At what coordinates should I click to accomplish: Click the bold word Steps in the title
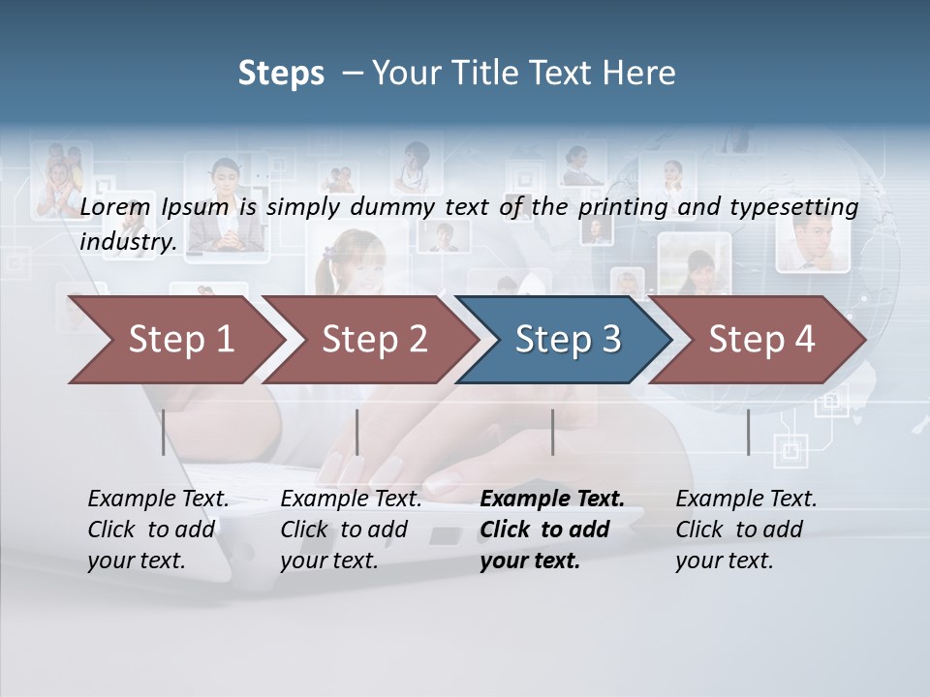pyautogui.click(x=281, y=74)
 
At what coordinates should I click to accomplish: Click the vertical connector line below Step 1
pyautogui.click(x=164, y=432)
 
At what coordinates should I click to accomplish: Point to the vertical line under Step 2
pyautogui.click(x=357, y=432)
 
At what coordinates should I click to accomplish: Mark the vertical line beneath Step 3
pyautogui.click(x=552, y=432)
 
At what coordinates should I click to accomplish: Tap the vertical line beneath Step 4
pyautogui.click(x=748, y=432)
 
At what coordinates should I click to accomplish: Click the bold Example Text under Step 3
pyautogui.click(x=552, y=500)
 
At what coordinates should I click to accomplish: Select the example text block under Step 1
pyautogui.click(x=158, y=530)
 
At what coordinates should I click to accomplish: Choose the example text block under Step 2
pyautogui.click(x=351, y=530)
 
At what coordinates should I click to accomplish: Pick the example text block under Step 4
pyautogui.click(x=746, y=530)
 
